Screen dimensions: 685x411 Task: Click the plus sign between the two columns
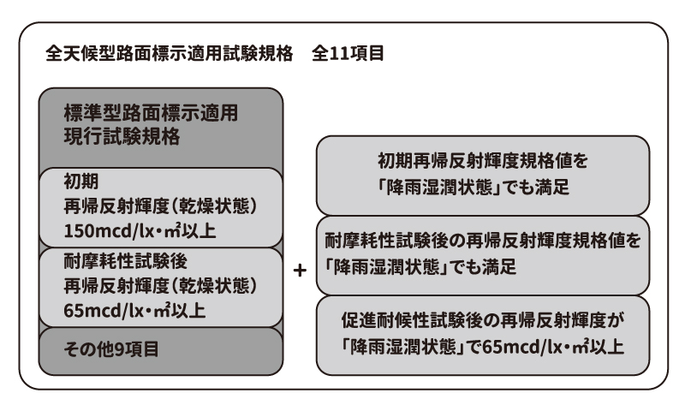tap(300, 271)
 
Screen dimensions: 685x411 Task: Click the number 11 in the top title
tap(339, 53)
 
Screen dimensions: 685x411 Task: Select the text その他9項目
tap(111, 349)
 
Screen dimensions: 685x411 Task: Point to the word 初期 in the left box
tap(81, 182)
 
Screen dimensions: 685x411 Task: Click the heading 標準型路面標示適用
tap(152, 113)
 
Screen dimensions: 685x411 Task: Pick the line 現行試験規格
tap(122, 136)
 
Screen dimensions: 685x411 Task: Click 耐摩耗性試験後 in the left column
tap(126, 261)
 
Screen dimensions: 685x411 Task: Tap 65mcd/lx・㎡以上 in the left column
tap(134, 311)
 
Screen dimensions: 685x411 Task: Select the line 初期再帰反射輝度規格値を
tap(483, 161)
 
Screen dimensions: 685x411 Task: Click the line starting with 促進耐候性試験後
tap(483, 320)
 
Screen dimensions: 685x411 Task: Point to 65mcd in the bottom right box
tap(510, 347)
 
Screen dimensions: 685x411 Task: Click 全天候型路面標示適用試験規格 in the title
tap(169, 53)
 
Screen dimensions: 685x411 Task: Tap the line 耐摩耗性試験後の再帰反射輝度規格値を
tap(483, 241)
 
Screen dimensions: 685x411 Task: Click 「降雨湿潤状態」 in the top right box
tap(439, 187)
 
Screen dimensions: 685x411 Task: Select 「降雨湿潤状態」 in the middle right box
tap(386, 267)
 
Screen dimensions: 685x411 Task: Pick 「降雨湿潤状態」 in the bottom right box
tap(403, 347)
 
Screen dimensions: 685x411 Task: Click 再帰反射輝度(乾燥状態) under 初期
tap(160, 206)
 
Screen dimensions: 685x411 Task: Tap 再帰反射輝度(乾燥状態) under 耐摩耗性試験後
tap(160, 286)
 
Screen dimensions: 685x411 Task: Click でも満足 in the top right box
tap(536, 187)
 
